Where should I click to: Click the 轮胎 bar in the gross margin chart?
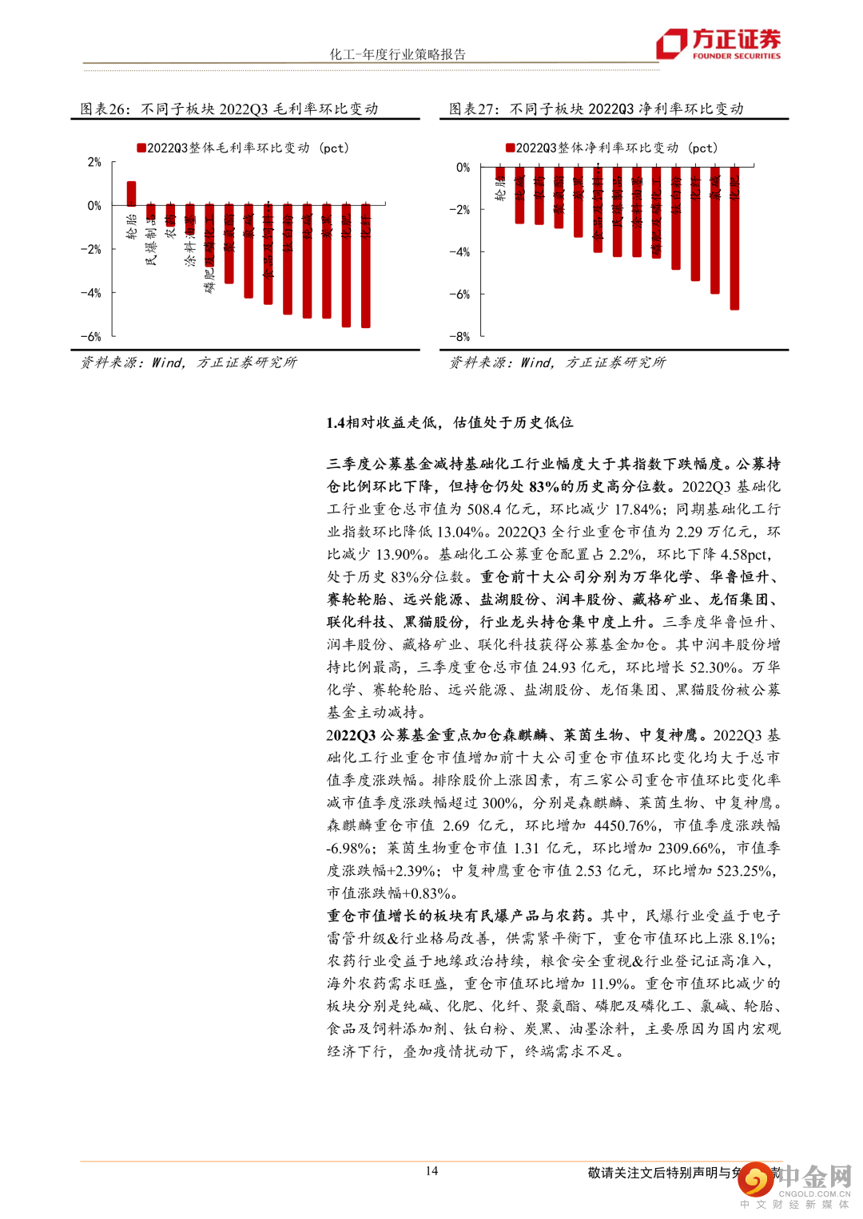[131, 194]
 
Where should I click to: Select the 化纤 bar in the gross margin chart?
[366, 266]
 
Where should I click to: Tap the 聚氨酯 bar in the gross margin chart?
[229, 244]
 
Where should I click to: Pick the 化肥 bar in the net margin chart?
[734, 238]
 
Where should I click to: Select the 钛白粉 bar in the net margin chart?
[676, 218]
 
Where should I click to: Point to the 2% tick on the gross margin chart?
[94, 162]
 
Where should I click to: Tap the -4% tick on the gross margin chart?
[91, 293]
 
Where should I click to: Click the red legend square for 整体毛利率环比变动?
[141, 148]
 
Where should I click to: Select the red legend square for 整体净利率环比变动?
[510, 148]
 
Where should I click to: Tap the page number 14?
[431, 1171]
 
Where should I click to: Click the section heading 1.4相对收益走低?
[449, 422]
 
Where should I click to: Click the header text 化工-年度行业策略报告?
[398, 54]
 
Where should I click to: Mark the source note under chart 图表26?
[189, 362]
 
